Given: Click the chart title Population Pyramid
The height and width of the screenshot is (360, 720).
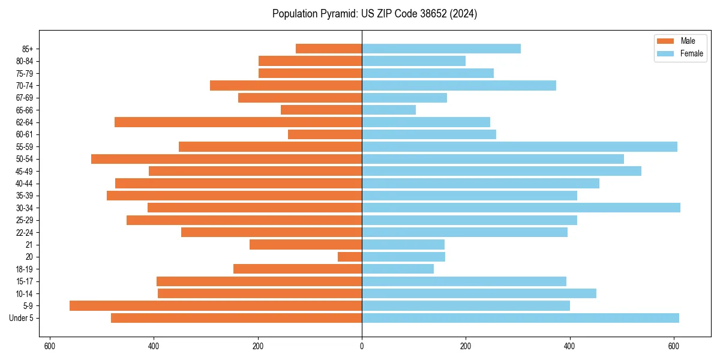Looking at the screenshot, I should click(374, 14).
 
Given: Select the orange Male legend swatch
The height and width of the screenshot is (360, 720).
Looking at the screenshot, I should click(665, 41).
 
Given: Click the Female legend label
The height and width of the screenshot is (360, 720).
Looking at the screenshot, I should click(691, 53).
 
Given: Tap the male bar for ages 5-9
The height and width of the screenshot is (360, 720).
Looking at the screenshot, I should click(215, 306).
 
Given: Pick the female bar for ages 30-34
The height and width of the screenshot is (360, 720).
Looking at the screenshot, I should click(521, 208).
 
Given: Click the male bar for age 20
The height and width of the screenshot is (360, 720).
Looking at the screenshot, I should click(350, 257).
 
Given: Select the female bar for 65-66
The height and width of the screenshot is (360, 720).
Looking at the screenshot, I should click(389, 110).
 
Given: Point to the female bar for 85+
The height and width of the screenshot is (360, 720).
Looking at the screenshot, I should click(441, 49).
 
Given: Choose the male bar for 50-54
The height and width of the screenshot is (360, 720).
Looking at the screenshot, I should click(226, 159).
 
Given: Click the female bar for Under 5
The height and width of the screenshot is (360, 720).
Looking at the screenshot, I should click(520, 318).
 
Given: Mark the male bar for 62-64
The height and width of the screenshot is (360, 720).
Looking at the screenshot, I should click(238, 122).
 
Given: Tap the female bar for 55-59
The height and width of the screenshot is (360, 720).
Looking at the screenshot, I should click(520, 146).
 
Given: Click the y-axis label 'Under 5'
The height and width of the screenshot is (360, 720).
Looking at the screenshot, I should click(21, 318).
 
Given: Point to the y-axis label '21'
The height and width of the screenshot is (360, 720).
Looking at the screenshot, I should click(29, 245).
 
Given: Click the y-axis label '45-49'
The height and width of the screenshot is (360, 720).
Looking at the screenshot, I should click(25, 171).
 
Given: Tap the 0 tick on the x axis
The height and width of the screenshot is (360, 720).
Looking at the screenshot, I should click(362, 346).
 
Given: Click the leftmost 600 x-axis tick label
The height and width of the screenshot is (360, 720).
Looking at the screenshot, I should click(50, 346).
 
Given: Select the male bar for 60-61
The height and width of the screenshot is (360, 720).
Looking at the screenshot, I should click(325, 134).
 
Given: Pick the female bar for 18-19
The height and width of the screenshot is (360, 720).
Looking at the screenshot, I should click(398, 269).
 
